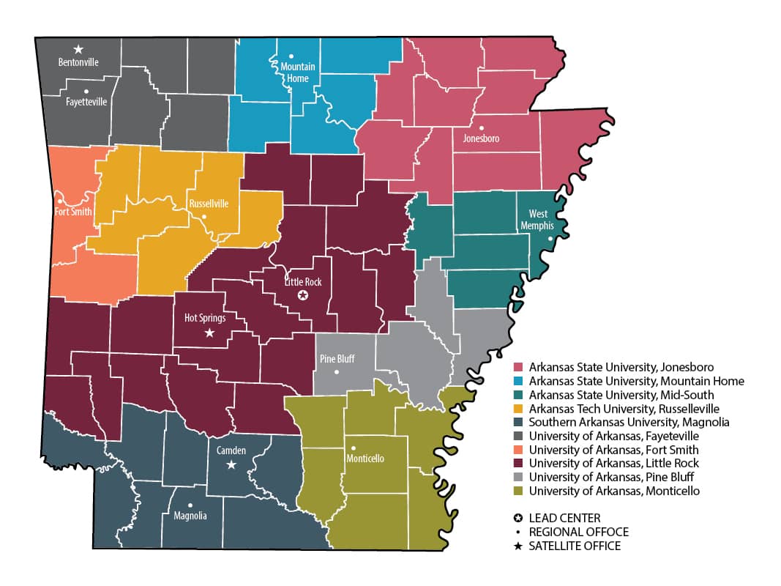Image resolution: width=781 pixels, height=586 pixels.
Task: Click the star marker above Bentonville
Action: click(78, 49)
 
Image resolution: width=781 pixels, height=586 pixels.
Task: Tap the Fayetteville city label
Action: click(86, 102)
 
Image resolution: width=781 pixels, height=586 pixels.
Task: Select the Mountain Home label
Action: click(298, 73)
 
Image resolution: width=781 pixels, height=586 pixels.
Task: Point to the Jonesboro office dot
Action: click(481, 127)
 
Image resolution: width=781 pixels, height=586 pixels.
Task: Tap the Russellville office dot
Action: click(204, 217)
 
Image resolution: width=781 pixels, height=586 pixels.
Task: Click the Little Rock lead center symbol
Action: click(302, 295)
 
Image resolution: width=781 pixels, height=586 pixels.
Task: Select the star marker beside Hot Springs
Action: click(209, 333)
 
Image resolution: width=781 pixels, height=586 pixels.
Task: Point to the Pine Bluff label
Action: click(337, 359)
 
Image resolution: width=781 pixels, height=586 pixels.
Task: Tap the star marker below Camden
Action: click(231, 464)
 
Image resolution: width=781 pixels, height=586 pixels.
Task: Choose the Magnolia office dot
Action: click(190, 505)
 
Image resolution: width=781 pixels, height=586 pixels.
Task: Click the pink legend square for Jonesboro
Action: click(519, 367)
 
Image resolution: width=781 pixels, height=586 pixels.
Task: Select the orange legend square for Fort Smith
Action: click(519, 450)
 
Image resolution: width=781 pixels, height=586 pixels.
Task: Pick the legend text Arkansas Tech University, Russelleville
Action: click(624, 408)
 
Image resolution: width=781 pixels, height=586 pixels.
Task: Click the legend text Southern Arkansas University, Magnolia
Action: click(629, 422)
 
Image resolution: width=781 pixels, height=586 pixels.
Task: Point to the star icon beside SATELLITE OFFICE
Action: click(518, 546)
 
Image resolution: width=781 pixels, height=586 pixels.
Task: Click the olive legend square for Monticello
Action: click(519, 491)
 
